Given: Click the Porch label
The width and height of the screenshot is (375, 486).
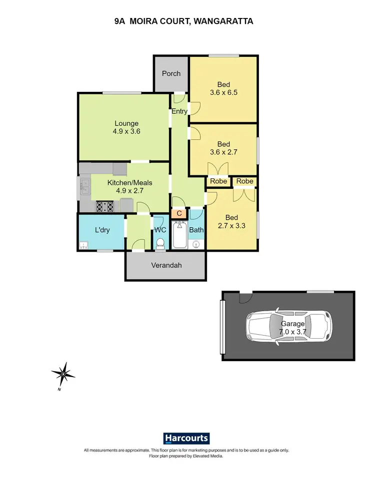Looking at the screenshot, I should [x=171, y=73].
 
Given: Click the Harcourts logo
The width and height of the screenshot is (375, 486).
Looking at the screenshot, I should [x=186, y=439].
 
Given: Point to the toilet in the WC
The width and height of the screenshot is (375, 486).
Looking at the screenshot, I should [x=160, y=244].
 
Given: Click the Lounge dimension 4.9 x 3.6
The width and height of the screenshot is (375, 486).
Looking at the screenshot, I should [x=126, y=132].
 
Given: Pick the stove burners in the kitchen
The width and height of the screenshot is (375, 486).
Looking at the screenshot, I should [x=105, y=205].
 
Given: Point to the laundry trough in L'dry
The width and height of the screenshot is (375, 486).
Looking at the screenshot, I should [x=83, y=245].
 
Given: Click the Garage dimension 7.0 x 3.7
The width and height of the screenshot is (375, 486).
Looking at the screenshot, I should [x=292, y=332].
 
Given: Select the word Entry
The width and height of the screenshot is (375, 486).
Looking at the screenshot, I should [x=179, y=111].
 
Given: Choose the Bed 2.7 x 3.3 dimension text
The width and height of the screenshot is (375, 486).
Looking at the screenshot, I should [x=231, y=226].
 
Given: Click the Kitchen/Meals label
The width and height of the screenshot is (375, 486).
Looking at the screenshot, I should [x=130, y=183].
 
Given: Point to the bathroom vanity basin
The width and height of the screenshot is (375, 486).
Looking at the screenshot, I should [x=196, y=244].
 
